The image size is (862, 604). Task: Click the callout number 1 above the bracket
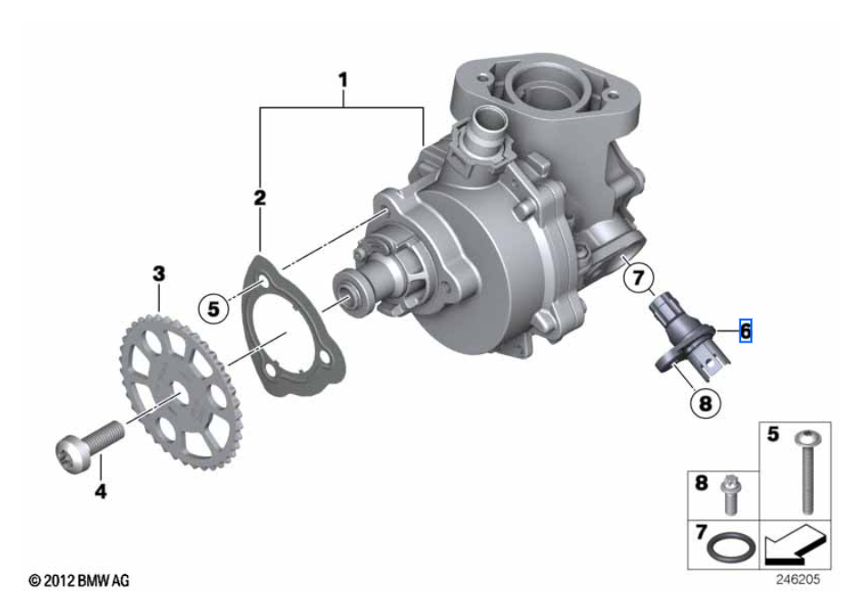[x=343, y=80]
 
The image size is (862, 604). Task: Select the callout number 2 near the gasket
[x=260, y=197]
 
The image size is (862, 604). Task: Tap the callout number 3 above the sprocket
[x=159, y=273]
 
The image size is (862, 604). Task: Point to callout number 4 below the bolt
[x=101, y=490]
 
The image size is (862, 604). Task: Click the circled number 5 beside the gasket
[x=213, y=308]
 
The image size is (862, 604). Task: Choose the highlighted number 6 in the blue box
[x=746, y=331]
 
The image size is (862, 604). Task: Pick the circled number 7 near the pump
[x=639, y=278]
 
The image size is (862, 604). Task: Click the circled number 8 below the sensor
[x=706, y=403]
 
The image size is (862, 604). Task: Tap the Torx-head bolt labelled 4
[x=91, y=446]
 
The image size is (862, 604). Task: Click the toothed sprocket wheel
[x=177, y=391]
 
